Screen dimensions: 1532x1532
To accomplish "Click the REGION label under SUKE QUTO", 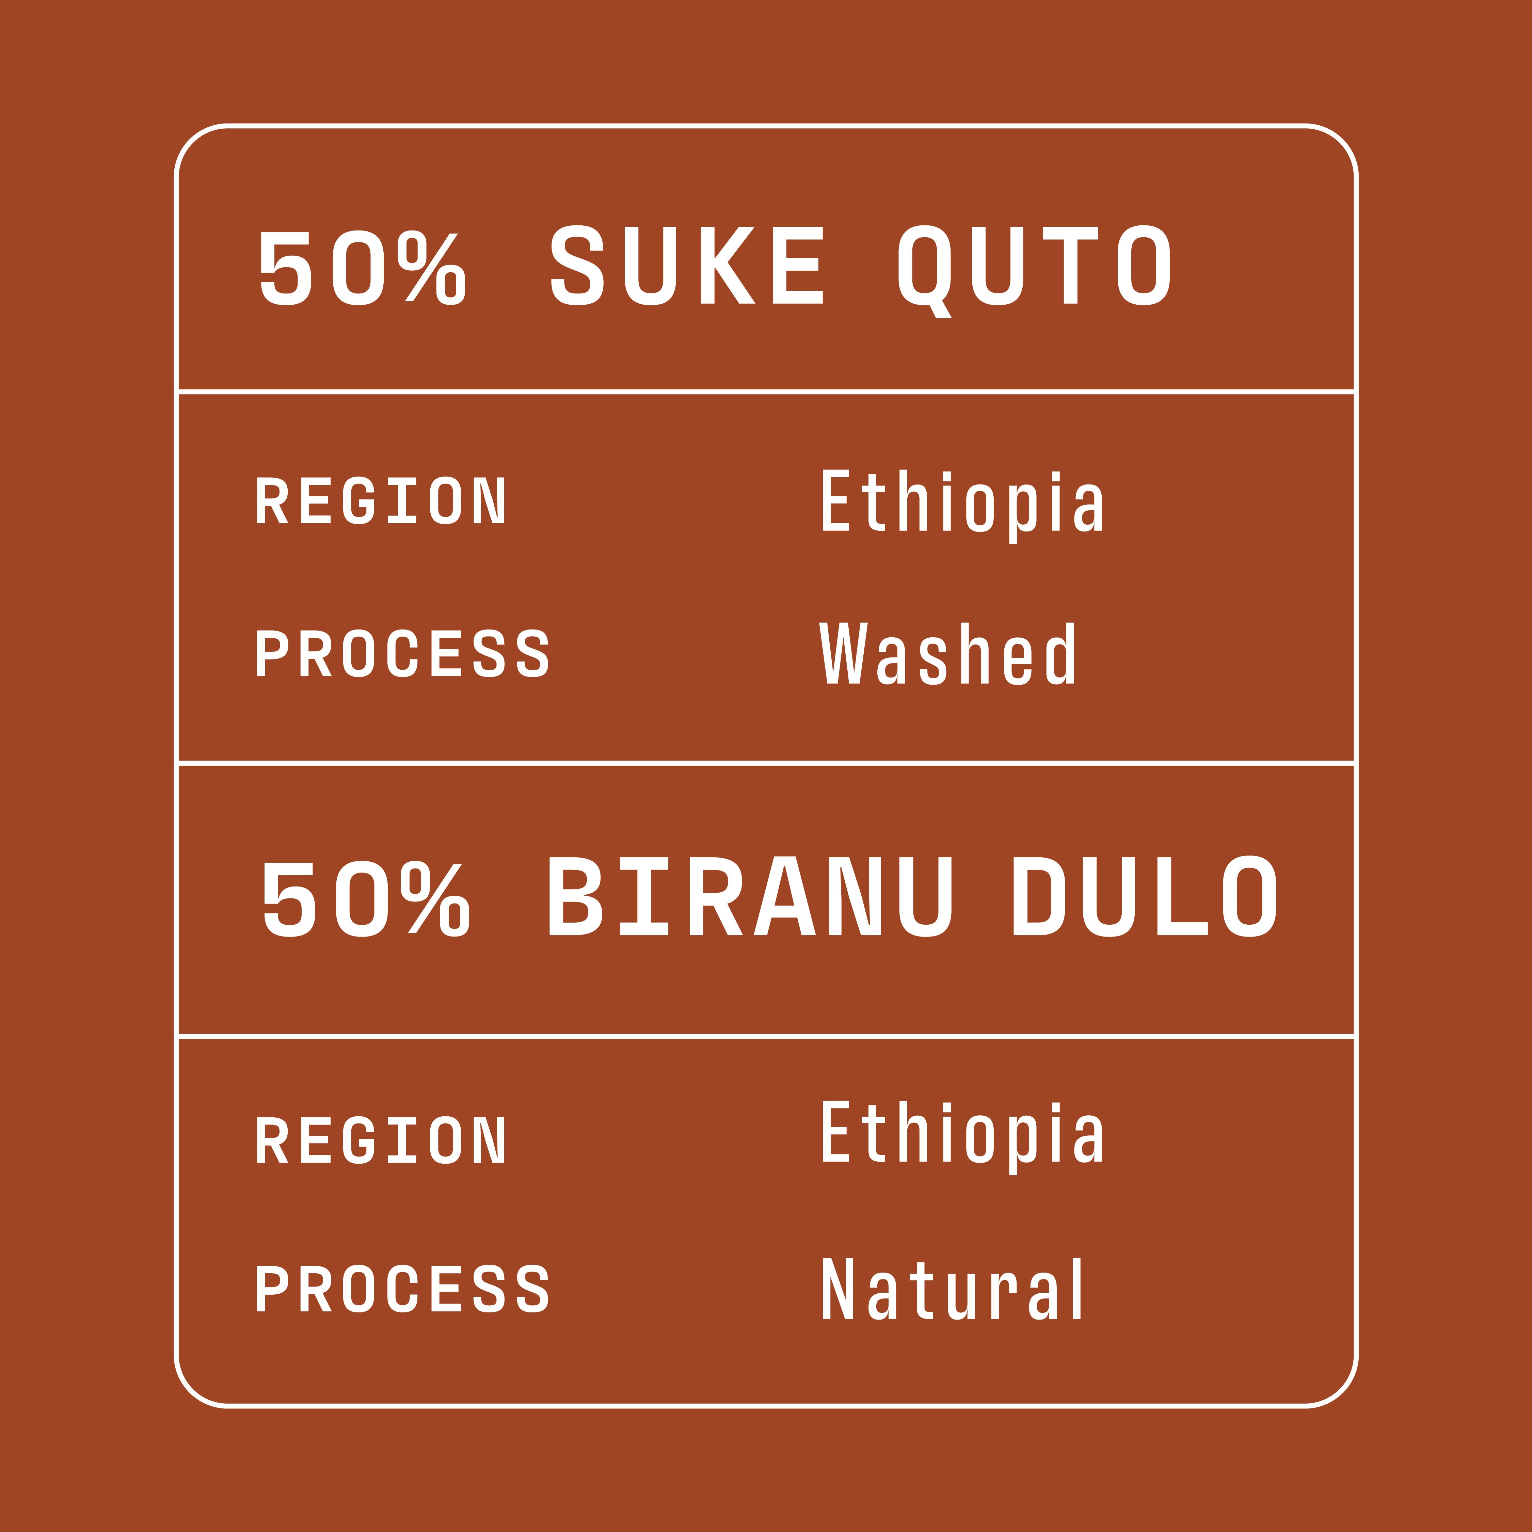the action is pos(381,500).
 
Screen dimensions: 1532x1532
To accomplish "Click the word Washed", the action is pos(947,653).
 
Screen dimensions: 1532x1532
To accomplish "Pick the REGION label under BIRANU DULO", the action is pos(381,1140).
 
